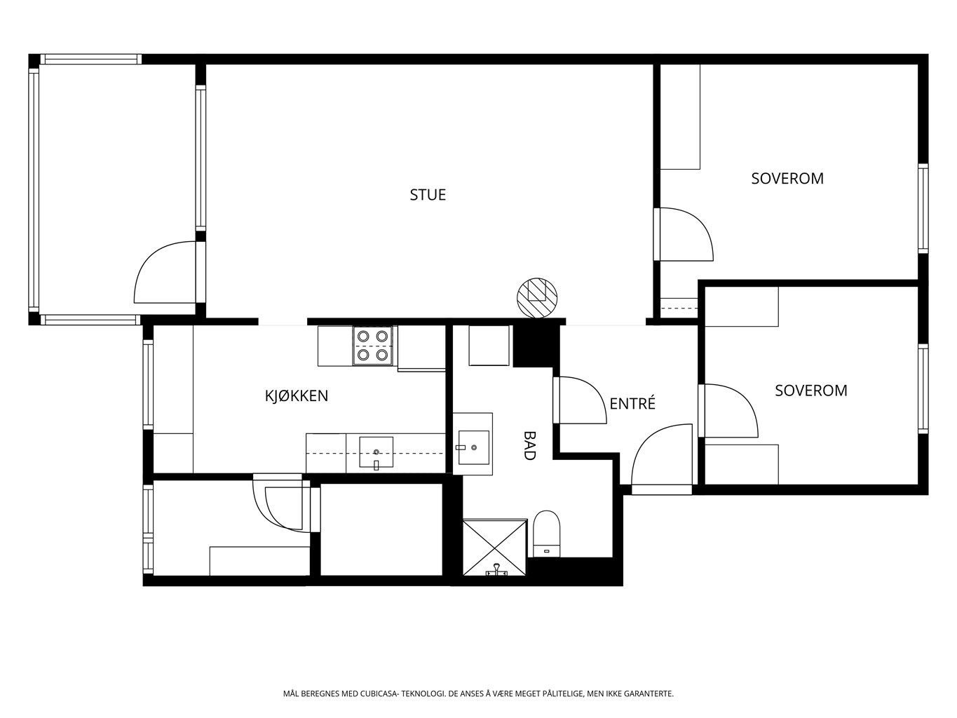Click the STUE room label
coord(427,195)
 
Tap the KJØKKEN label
coord(297,395)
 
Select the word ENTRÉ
coord(632,403)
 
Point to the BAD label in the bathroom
coord(529,445)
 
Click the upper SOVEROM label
coord(787,178)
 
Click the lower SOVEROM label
coord(811,390)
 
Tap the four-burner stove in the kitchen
coord(373,346)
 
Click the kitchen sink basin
coord(376,452)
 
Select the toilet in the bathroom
coord(547,534)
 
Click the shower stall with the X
coord(495,548)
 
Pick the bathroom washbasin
coord(473,447)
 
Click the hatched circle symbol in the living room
coord(537,298)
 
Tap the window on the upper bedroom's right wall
coord(923,208)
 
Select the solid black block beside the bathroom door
coord(536,346)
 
